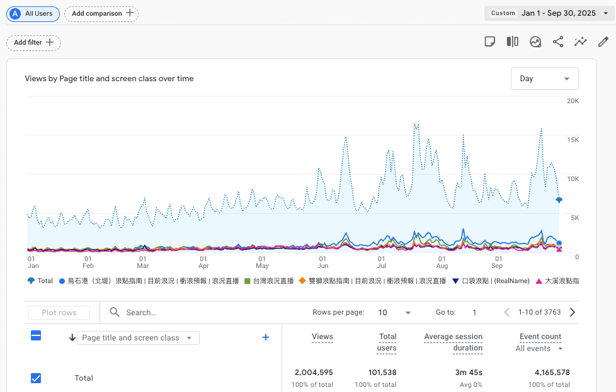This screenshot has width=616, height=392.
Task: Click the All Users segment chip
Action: [33, 13]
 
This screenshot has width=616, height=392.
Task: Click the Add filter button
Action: [34, 43]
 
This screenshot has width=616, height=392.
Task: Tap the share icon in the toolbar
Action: [558, 42]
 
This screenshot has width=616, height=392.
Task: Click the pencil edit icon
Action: [603, 42]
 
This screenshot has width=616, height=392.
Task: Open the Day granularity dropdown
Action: [544, 79]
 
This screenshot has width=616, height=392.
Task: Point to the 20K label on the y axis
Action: [573, 101]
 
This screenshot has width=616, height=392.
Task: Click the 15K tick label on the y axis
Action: [573, 140]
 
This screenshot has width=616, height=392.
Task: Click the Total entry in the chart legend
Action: [40, 281]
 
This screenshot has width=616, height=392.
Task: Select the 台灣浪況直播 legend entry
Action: [269, 281]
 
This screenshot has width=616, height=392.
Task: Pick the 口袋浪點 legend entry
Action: [492, 281]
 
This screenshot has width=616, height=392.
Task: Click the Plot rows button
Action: [59, 313]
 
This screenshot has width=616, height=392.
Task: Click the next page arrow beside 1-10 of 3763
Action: [573, 312]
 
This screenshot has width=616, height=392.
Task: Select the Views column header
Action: [322, 337]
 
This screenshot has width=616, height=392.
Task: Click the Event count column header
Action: [540, 337]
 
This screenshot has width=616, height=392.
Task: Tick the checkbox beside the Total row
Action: [36, 378]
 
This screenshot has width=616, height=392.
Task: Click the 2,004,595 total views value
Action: [312, 372]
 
